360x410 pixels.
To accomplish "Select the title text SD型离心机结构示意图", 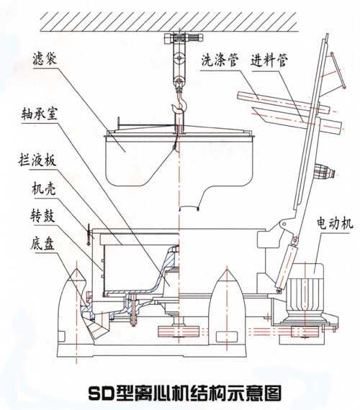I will (x=180, y=393).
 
